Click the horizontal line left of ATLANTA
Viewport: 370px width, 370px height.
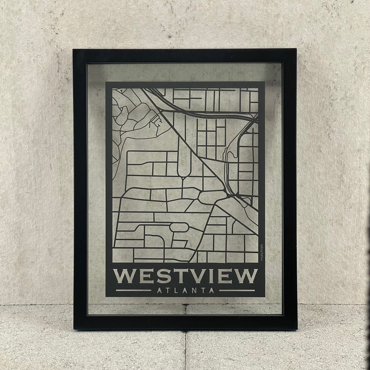click(x=133, y=291)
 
